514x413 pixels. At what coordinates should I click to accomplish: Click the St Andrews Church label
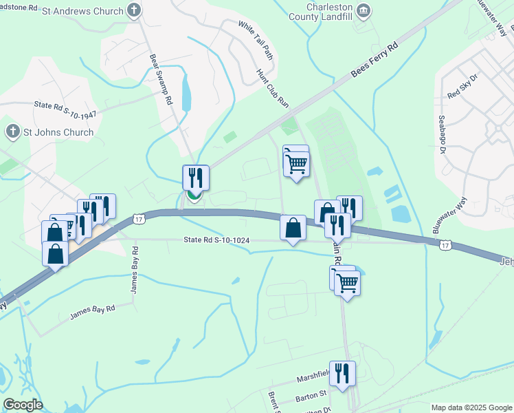coord(82,11)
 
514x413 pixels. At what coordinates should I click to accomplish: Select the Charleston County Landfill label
coord(321,11)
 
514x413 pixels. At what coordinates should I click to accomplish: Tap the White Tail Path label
coord(256,40)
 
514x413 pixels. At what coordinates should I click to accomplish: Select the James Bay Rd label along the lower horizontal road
coord(92,311)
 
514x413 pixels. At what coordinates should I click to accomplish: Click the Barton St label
coord(311,396)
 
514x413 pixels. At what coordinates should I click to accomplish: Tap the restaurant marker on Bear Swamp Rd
coord(196,178)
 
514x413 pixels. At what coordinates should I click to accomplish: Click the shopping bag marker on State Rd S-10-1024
coord(293,227)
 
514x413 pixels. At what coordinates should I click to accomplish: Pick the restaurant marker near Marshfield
coord(342,373)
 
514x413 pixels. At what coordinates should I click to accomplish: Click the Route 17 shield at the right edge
coord(446,244)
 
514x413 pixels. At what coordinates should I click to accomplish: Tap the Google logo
coord(23,405)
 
